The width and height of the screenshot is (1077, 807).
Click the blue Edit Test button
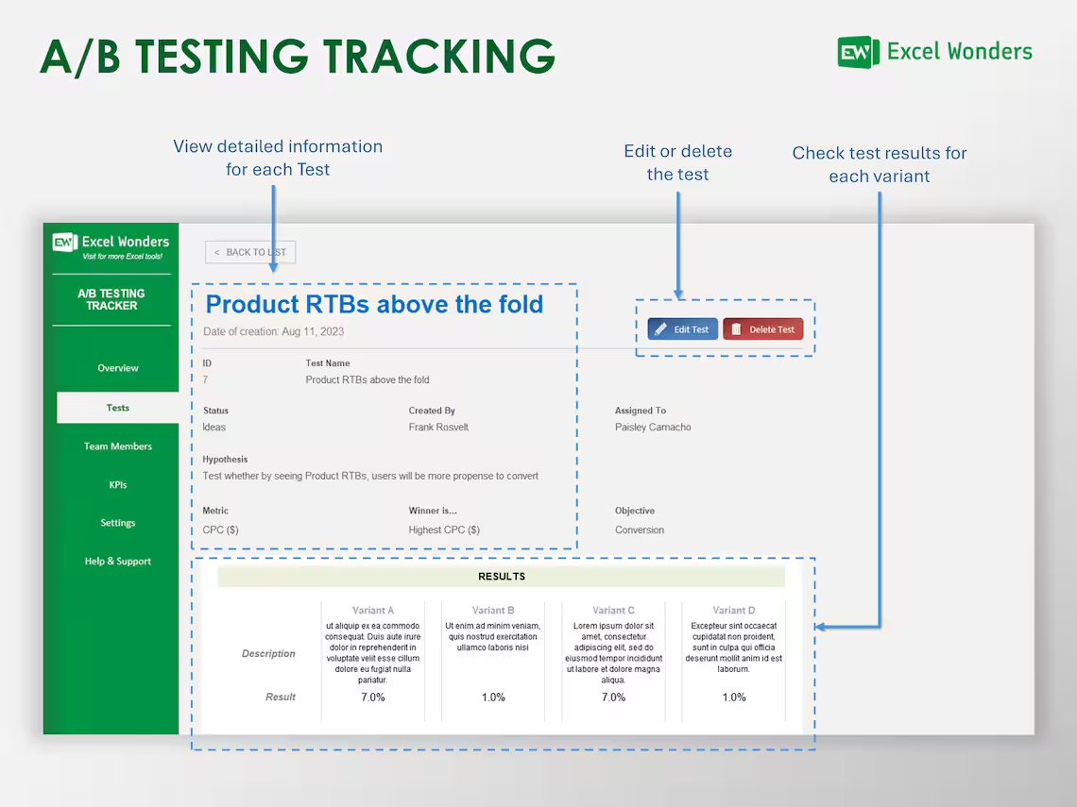[682, 329]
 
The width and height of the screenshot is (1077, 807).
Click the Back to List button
[250, 252]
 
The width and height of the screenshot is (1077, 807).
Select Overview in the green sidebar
[118, 368]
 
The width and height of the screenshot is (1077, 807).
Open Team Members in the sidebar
[118, 446]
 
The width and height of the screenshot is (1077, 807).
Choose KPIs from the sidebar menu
[118, 485]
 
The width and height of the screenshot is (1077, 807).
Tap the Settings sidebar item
[118, 523]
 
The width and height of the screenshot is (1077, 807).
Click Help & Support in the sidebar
[118, 562]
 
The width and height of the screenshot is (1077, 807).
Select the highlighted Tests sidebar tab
[118, 408]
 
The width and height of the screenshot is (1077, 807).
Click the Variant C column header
[613, 611]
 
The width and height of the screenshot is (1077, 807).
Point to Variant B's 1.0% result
[493, 698]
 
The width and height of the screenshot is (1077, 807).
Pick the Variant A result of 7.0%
[373, 698]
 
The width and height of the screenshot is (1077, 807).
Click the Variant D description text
[734, 647]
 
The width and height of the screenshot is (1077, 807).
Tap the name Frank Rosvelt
[438, 428]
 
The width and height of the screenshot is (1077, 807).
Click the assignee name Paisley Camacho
[653, 428]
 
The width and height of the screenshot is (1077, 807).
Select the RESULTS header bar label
[502, 577]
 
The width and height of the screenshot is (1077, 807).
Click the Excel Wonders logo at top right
[934, 52]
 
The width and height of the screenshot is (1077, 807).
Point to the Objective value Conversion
[640, 530]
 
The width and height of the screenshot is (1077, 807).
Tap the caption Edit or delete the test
[677, 162]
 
